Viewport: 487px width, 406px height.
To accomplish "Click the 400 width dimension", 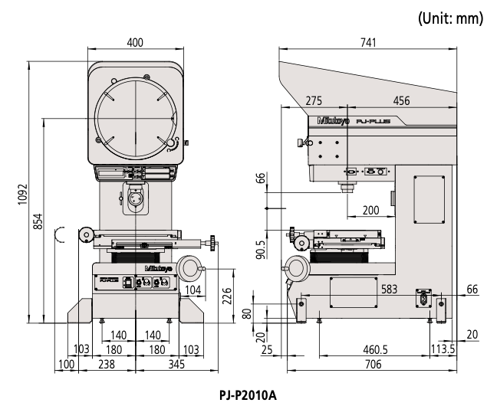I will [135, 43].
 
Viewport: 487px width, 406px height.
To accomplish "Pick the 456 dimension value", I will [400, 101].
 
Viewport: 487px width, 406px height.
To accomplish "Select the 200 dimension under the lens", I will [370, 209].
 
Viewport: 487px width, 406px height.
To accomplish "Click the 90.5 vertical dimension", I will [262, 250].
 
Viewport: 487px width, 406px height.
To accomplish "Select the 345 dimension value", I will [177, 365].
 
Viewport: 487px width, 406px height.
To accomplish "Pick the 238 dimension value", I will [106, 365].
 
